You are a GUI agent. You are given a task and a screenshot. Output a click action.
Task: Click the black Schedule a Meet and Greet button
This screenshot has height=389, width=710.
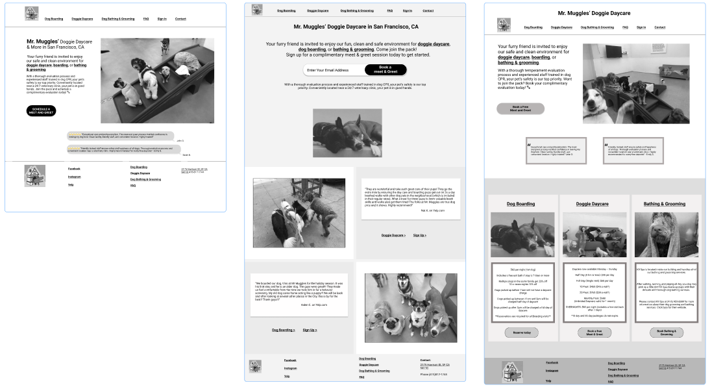point(42,110)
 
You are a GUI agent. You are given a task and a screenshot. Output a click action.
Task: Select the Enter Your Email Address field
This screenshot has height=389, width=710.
point(328,70)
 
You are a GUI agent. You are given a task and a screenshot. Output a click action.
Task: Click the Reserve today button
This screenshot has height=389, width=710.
point(521,333)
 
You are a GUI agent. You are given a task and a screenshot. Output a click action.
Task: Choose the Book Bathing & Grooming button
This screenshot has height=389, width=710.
point(666,333)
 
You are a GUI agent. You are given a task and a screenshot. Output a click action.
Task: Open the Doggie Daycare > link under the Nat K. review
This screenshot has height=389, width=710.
point(393,235)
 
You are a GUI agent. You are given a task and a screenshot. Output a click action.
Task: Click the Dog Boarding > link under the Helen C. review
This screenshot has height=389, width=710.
point(283,330)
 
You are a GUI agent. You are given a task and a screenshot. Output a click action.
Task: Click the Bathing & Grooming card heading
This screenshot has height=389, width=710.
point(664,204)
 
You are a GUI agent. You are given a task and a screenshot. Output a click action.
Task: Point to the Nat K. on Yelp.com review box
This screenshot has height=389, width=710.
point(408,199)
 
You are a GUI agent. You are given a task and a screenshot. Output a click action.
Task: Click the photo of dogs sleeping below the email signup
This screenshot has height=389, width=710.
point(347,132)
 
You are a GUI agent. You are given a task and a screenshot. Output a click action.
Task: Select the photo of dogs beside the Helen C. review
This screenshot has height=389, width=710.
point(410,308)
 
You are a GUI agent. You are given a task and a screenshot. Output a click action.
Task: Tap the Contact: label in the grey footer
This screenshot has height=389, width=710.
point(425,359)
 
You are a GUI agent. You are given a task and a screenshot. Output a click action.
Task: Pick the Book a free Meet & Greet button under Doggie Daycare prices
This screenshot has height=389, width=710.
point(594,333)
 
